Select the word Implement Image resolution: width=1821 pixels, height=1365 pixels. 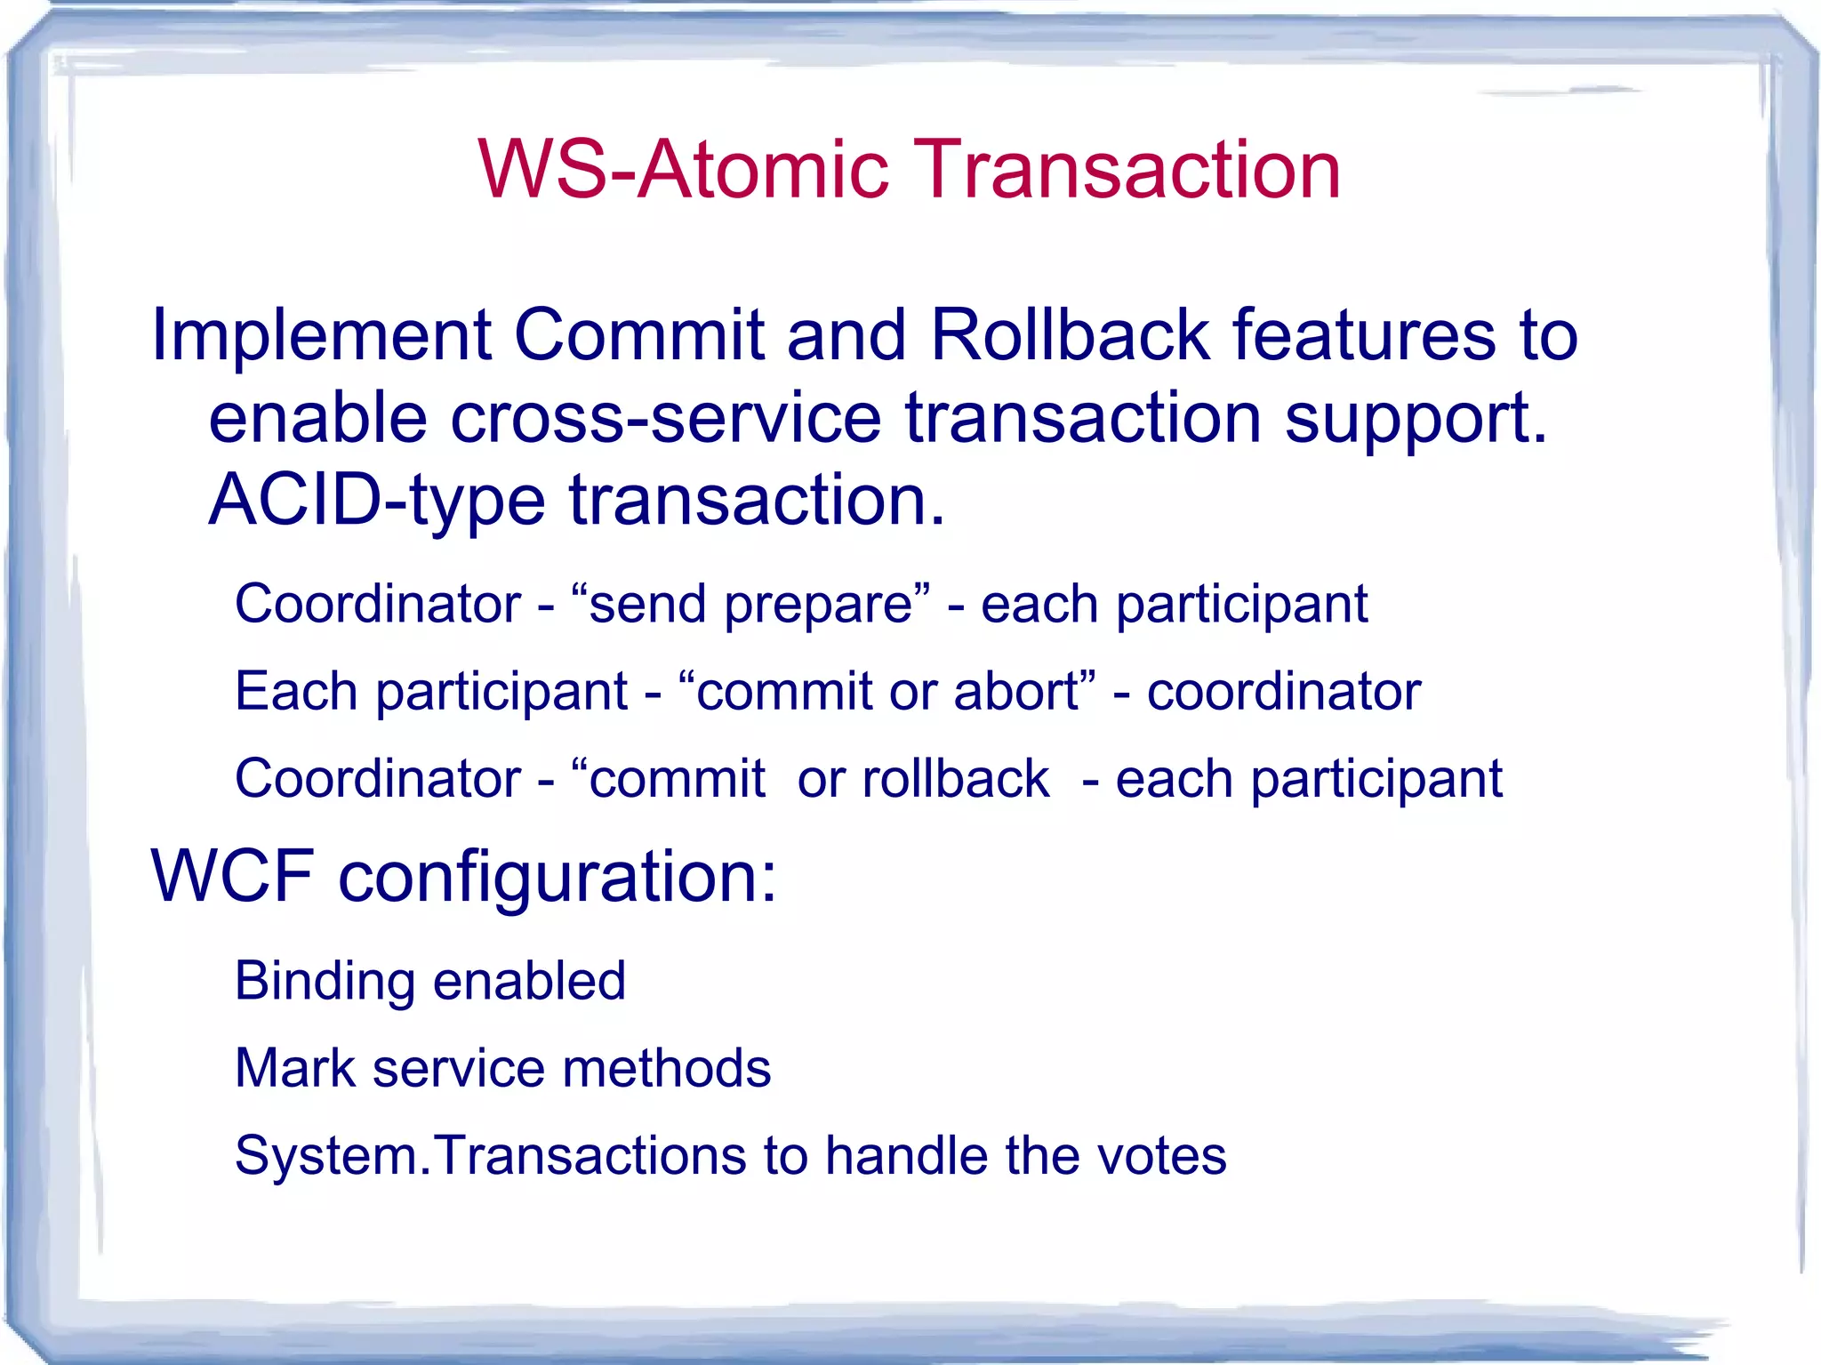[321, 336]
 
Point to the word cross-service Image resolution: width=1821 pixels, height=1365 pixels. [665, 418]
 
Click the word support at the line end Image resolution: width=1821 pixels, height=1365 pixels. [1414, 420]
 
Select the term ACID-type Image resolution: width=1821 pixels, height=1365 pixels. [376, 501]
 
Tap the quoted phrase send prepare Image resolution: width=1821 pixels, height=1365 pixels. [750, 605]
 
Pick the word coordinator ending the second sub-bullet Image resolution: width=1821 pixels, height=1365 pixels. [1283, 692]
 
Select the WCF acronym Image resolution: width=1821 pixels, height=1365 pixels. [233, 876]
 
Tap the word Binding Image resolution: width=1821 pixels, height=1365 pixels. [325, 982]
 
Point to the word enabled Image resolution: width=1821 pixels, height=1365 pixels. [530, 981]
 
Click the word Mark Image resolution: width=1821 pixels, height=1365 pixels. [294, 1068]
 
